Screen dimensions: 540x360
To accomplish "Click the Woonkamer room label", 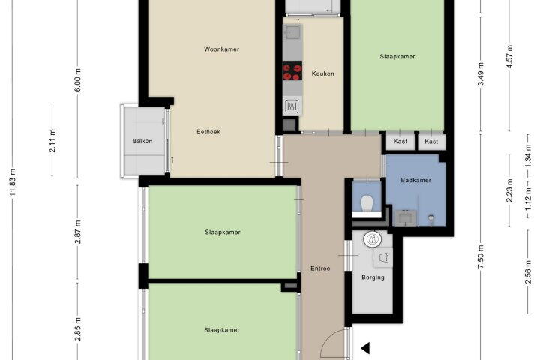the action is (221, 49).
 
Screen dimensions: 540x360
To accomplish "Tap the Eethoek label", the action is (208, 131).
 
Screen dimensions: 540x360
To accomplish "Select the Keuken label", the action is (322, 73).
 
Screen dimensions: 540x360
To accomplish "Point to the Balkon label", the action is (142, 141).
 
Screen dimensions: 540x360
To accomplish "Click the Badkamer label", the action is (416, 180).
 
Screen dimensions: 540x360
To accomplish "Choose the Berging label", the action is (373, 277).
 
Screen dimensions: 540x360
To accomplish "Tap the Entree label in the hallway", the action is (320, 268).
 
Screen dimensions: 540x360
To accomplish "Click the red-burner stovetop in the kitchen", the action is (292, 70).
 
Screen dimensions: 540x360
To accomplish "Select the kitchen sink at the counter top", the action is (292, 34).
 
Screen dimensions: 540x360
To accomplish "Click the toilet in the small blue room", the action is (367, 203).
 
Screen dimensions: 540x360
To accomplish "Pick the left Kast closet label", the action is (400, 141).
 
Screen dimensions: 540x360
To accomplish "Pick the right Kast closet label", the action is (431, 141).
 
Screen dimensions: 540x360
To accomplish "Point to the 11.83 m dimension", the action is (13, 182).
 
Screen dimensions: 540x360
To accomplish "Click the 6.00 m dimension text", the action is (78, 80).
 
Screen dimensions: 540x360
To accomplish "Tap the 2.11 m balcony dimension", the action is (52, 141).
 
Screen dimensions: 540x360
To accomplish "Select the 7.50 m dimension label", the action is (481, 256).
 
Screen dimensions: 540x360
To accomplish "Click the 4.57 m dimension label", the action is (510, 56).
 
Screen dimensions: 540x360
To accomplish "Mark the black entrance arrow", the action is (366, 348).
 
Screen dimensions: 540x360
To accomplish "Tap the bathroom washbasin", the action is (406, 218).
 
